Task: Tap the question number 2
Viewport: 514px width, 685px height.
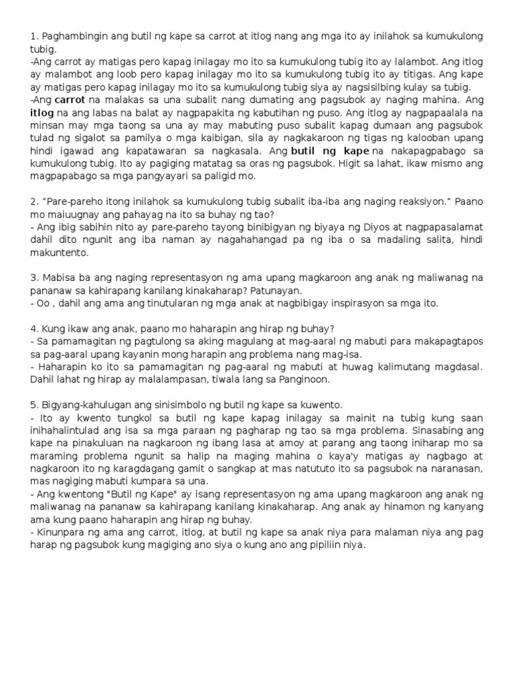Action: tap(33, 201)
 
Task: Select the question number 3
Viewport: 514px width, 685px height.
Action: tap(33, 278)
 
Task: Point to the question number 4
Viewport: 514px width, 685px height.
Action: tap(33, 328)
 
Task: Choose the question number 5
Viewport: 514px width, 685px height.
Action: tap(33, 405)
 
